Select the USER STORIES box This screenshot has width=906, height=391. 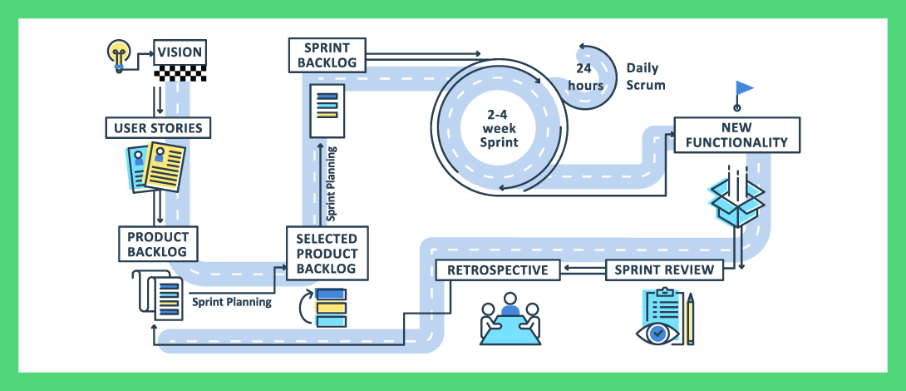point(158,128)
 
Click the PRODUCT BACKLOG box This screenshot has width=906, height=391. point(151,244)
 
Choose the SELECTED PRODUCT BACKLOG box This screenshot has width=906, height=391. point(327,253)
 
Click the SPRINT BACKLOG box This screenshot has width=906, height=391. point(327,55)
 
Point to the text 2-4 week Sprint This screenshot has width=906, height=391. point(498,129)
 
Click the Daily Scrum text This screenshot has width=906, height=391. point(646,77)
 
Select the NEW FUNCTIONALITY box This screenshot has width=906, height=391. point(736,135)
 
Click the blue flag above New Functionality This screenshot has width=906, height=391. point(743,88)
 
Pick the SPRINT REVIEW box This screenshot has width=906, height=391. point(663,270)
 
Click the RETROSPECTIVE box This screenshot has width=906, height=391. point(497,270)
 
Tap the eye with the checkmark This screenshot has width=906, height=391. point(658,332)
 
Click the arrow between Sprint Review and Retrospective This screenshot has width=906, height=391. point(582,269)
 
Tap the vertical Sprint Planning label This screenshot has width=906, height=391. point(332,183)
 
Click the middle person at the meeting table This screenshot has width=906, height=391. point(510,310)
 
